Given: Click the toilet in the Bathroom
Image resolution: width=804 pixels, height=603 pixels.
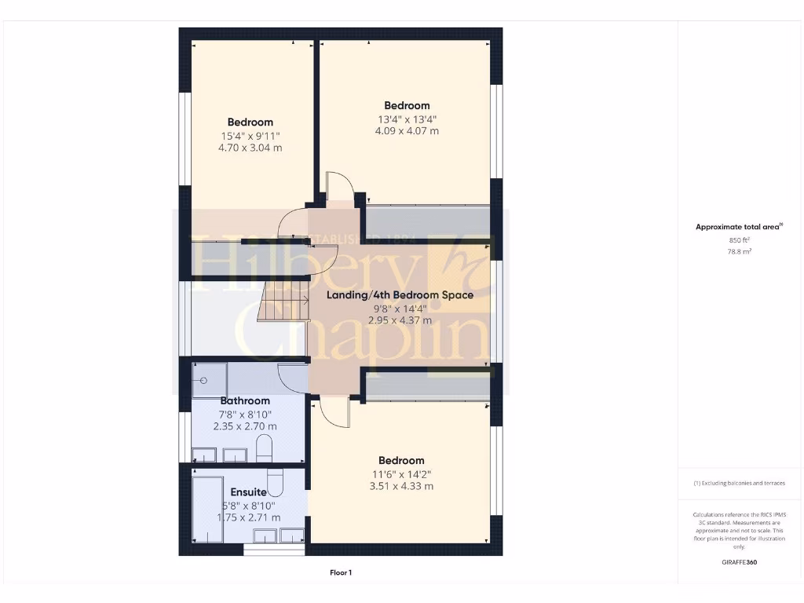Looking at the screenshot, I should (264, 450).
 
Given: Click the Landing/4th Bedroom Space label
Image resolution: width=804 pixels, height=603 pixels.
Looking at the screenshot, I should (400, 295).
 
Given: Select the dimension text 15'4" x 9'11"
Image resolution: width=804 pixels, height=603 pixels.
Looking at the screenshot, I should (250, 135).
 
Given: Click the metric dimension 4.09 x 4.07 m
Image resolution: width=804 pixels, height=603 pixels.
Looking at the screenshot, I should (407, 131).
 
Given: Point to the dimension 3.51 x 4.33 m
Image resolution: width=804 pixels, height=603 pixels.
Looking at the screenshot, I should (401, 486).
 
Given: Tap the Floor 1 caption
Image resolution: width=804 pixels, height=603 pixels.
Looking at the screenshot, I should (341, 573).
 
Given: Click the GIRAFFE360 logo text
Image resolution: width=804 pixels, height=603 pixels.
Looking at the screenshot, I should (739, 562).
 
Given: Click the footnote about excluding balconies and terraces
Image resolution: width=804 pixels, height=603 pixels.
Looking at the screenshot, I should (739, 483).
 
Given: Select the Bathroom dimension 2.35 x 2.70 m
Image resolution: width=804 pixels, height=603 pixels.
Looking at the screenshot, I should (245, 426).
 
